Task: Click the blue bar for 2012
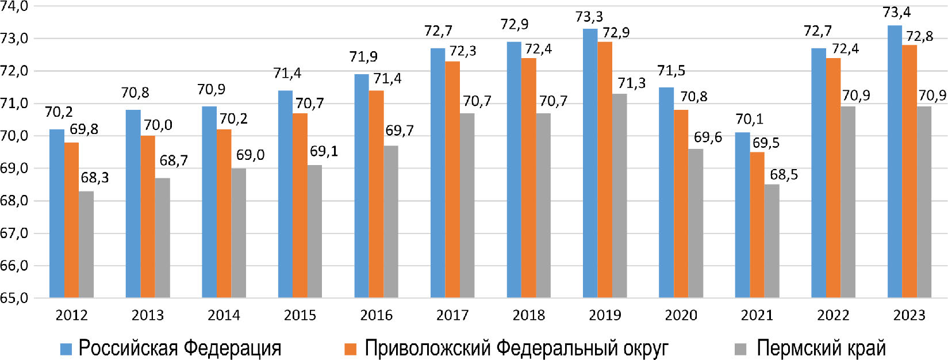coord(57,213)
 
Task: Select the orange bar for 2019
coord(605,170)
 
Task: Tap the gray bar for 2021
coord(772,241)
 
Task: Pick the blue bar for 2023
coord(895,162)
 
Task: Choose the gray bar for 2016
coord(391,221)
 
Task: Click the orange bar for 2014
coord(224,213)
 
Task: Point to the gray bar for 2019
coord(619,196)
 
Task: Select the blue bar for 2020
coord(666,193)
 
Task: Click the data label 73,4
coord(897,12)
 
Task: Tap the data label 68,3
coord(94,178)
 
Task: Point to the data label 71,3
coord(632,83)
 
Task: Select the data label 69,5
coord(766,143)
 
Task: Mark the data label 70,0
coord(158,125)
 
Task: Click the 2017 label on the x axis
coord(452,315)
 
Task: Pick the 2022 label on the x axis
coord(833,315)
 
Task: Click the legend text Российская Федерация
coord(180,348)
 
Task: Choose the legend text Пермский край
coord(821,348)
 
